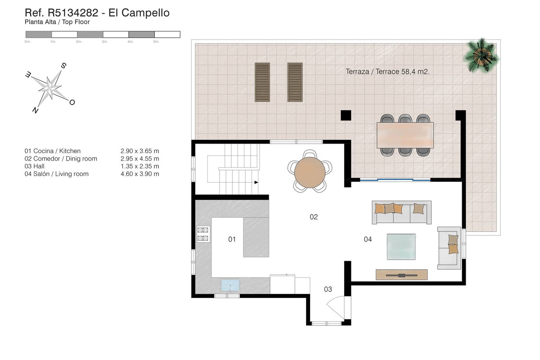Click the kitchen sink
(230, 285)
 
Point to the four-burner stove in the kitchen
(202, 234)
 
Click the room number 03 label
(328, 289)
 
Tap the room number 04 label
(368, 239)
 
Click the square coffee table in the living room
(401, 246)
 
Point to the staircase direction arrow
(256, 182)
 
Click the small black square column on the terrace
(346, 115)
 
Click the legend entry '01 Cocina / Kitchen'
(53, 151)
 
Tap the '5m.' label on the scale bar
(156, 41)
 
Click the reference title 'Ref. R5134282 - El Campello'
(97, 13)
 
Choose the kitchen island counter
(256, 237)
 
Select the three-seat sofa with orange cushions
(402, 212)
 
